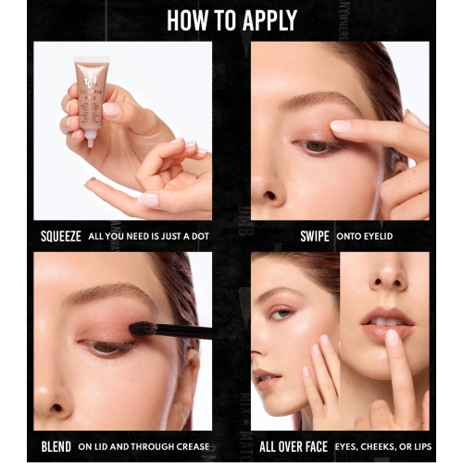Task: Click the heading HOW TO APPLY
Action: tap(231, 20)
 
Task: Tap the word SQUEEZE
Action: tap(60, 236)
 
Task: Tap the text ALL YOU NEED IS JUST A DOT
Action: tap(148, 236)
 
